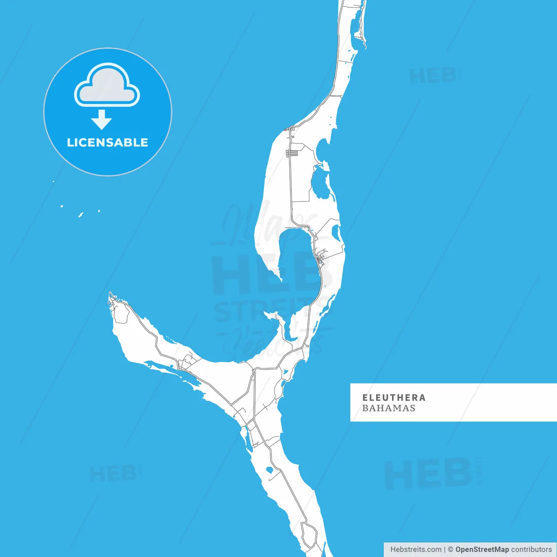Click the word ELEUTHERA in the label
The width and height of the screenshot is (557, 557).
pos(394,397)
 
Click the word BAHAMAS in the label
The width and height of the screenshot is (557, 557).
pos(389,408)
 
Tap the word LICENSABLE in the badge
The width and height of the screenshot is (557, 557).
pos(107,142)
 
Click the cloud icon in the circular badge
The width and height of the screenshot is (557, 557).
pos(107,85)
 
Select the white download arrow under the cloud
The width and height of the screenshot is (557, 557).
pos(102,119)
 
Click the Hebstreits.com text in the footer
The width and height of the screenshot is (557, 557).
pos(416,550)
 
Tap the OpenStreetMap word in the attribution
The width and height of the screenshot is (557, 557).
pos(482,550)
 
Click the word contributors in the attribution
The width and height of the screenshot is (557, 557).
pos(531,550)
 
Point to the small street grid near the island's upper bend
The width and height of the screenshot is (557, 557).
pos(292,153)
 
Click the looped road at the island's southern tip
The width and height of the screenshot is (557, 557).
pos(309,535)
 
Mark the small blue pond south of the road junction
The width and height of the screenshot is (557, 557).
pos(269,470)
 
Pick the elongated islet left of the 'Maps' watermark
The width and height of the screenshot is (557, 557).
pos(81,215)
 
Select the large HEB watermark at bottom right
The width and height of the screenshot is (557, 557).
pos(429,473)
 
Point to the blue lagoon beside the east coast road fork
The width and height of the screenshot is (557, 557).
pos(336,233)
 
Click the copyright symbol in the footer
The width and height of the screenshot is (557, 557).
pos(450,550)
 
